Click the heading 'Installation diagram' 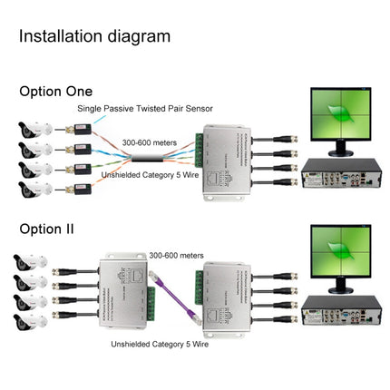pos(94,36)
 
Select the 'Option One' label pos(55,91)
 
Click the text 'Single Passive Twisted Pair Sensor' pos(144,109)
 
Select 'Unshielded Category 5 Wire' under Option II pos(162,345)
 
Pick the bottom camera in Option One pos(34,190)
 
